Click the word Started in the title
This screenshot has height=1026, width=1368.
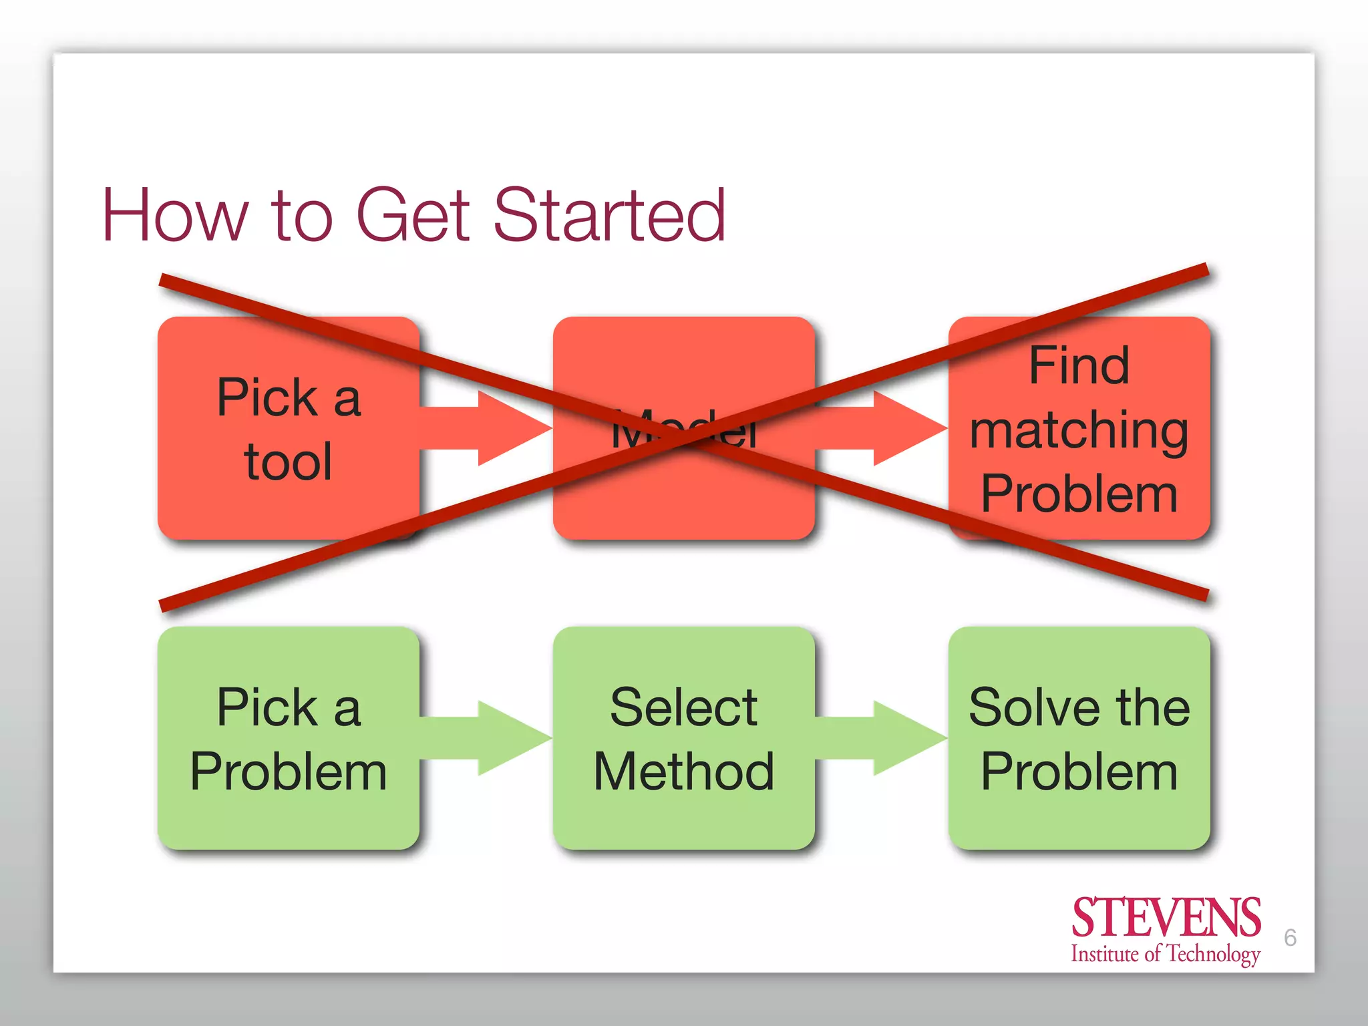tap(609, 215)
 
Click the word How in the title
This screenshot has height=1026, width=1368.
tap(175, 215)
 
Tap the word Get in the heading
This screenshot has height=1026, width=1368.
tap(413, 215)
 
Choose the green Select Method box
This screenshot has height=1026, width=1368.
tap(684, 738)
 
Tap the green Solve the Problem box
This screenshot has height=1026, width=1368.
tap(1079, 738)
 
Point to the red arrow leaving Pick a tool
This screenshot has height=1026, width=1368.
tap(494, 427)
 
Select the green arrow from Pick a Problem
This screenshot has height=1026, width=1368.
tap(494, 738)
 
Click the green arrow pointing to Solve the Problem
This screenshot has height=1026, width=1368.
tap(888, 738)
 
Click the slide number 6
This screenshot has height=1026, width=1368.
tap(1290, 938)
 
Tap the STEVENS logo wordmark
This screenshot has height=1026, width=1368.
tap(1166, 918)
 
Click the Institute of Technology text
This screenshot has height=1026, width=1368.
tap(1166, 954)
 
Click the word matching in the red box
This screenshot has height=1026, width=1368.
tap(1079, 431)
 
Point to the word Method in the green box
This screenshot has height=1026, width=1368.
tap(684, 772)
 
